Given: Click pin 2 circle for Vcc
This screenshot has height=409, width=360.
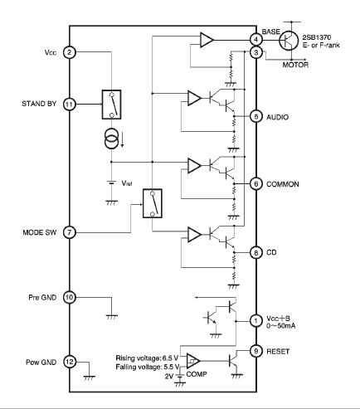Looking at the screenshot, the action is tap(70, 52).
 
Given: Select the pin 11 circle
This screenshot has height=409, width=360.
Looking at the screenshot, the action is tap(70, 105).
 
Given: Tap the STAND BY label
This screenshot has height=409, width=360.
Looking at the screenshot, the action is tap(39, 104).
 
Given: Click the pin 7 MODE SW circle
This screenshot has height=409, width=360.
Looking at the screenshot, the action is tap(70, 232).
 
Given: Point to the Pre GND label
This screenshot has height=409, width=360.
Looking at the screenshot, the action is tap(42, 298).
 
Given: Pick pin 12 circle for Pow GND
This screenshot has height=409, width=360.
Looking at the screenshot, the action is tap(70, 362).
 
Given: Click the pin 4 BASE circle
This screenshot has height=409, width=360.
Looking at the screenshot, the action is tap(256, 40).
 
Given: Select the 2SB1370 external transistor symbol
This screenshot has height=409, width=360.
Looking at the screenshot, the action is tap(289, 40).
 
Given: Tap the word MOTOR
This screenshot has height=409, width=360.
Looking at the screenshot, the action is tap(295, 65).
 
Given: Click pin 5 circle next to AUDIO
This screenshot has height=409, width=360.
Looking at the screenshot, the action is tap(256, 116).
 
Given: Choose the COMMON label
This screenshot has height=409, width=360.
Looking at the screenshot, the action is tap(283, 184).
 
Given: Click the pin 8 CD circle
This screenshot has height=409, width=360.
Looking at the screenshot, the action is tap(256, 252).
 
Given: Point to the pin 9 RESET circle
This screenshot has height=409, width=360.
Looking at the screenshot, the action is tap(256, 351).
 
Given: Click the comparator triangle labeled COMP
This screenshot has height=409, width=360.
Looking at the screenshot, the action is tap(193, 361).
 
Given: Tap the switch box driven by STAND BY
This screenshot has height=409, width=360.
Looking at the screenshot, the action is tap(112, 105).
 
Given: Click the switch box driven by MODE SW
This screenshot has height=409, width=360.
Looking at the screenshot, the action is tap(153, 203).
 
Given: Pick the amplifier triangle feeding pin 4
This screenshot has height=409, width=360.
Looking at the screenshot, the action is tap(207, 40).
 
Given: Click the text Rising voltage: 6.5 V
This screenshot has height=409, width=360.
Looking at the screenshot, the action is tap(147, 358).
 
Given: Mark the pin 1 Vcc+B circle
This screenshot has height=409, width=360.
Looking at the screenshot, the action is tap(256, 321).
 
